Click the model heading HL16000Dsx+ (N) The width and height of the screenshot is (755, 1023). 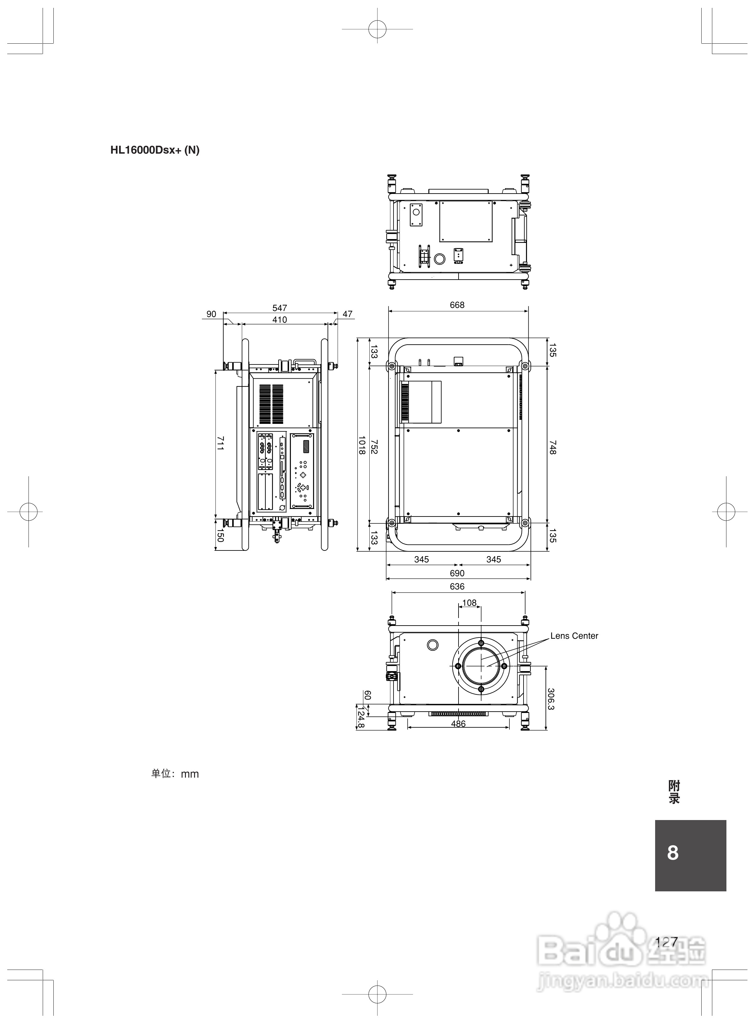[155, 150]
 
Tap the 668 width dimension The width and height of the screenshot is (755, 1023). [457, 305]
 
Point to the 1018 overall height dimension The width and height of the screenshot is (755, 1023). [361, 445]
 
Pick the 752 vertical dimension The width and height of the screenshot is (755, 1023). [374, 446]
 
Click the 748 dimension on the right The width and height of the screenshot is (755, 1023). [552, 447]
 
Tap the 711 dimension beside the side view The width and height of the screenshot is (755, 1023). [220, 443]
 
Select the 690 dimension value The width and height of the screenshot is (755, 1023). [457, 573]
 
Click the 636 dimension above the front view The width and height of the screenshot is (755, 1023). [457, 587]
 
